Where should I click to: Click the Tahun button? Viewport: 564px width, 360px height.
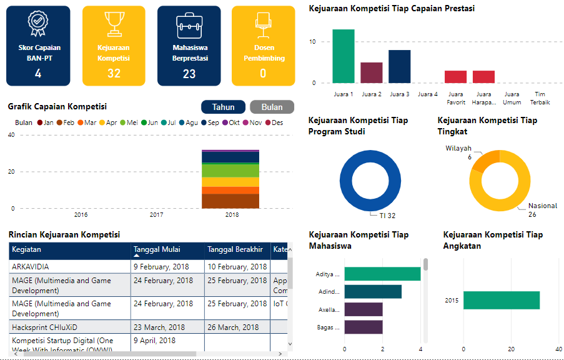223,107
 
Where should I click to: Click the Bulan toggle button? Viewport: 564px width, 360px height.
272,107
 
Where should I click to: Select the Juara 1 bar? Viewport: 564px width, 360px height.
343,56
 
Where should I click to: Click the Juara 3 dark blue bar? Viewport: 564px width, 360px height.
399,66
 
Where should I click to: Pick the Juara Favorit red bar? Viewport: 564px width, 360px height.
455,77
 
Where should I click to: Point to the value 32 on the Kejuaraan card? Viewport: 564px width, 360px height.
114,74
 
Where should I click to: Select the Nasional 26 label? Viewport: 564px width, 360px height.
542,210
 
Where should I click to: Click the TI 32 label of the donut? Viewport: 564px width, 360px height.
388,216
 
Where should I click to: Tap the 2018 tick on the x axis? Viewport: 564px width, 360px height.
231,215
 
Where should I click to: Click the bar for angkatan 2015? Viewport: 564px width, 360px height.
501,300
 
